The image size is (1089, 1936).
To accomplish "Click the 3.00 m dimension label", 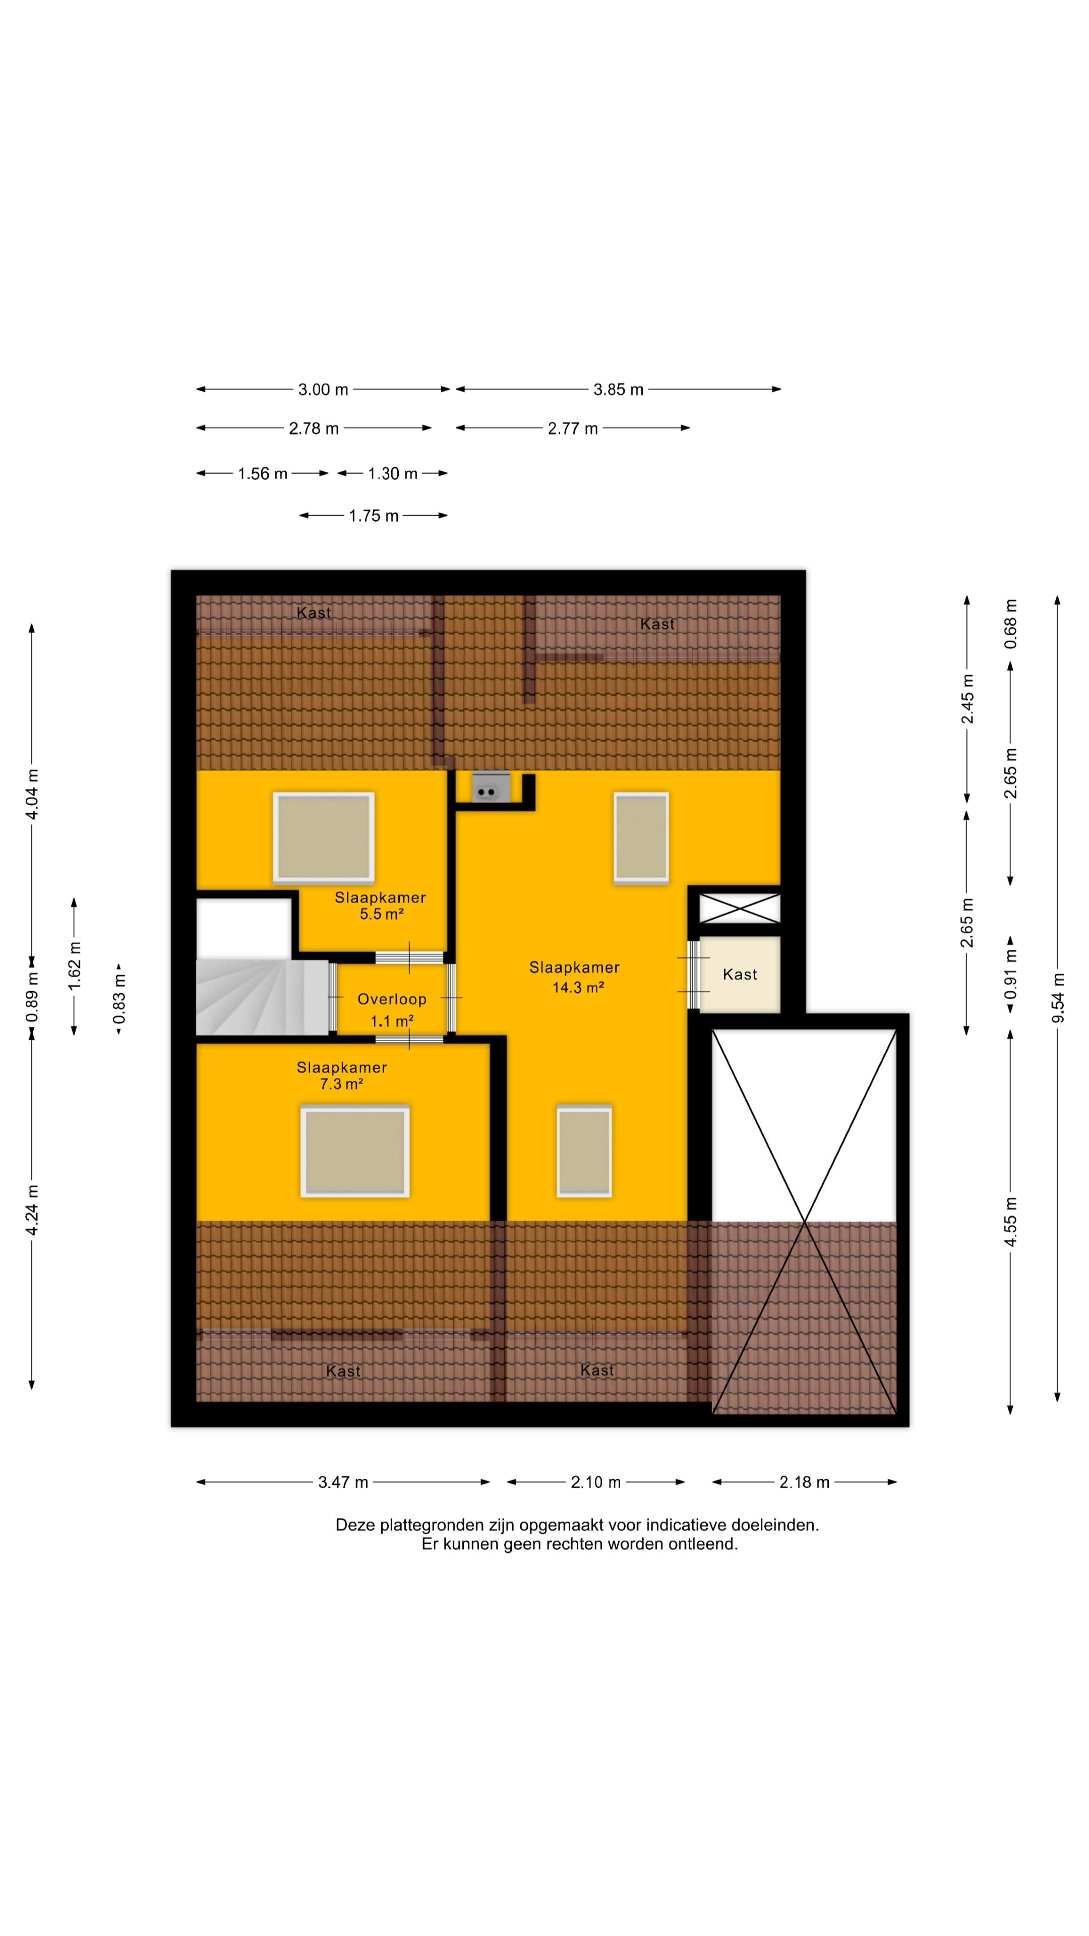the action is point(323,389).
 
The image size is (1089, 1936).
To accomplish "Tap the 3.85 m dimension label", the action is point(619,389).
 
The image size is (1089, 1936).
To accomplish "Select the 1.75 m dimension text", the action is point(374,516).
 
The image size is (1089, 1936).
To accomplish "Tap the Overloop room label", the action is point(392,999).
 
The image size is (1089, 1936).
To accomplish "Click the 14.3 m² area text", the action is point(578,987).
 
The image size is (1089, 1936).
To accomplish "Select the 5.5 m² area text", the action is point(382,914).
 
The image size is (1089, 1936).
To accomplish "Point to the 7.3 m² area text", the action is point(341,1084).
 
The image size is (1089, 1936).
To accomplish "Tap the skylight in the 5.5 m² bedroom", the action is point(324,836).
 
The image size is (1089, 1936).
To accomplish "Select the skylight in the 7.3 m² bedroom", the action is point(355,1151).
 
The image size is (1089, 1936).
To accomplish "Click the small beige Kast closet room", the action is point(740,974).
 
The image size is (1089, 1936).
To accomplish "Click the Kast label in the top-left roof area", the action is point(314,613).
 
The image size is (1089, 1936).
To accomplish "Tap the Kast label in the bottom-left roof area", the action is point(343,1371).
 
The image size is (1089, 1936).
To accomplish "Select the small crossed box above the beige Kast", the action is point(740,908).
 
